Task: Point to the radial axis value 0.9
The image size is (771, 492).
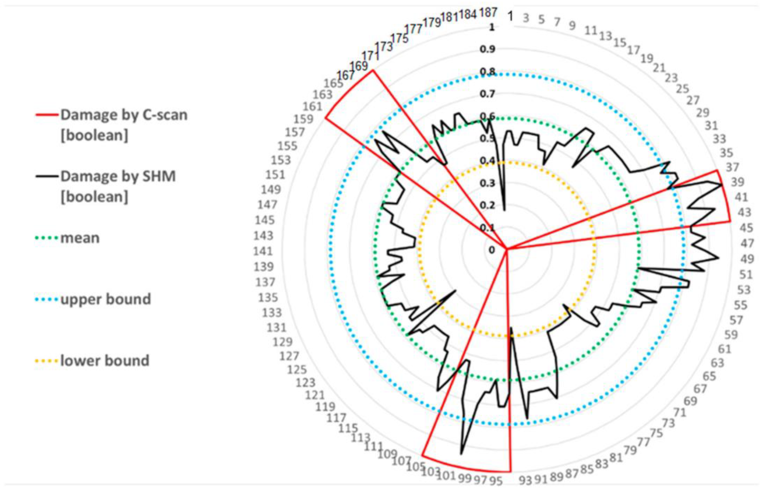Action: coord(487,49)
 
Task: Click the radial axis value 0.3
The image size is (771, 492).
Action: coord(487,183)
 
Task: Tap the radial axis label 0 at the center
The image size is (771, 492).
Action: coord(492,250)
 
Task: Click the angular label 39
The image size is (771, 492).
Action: coord(737,182)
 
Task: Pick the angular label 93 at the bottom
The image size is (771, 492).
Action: coord(525,480)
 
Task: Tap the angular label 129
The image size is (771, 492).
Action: coord(282,342)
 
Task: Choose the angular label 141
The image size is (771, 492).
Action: coord(263,251)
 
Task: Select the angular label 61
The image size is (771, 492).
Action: coord(724,349)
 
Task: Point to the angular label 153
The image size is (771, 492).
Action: coord(281,160)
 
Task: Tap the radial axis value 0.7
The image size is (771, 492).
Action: coord(487,94)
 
